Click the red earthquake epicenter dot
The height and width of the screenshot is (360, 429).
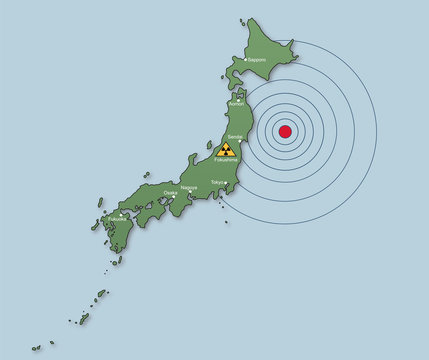tap(285, 131)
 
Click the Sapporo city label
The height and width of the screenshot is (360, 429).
tap(256, 60)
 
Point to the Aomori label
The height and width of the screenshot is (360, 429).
tap(237, 104)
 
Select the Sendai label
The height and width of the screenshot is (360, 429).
tap(235, 136)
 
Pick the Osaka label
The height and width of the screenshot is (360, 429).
tap(170, 193)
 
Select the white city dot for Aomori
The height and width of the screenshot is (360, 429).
tap(236, 99)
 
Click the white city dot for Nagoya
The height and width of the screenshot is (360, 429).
tap(190, 192)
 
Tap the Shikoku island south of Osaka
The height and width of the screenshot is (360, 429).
tap(150, 212)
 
